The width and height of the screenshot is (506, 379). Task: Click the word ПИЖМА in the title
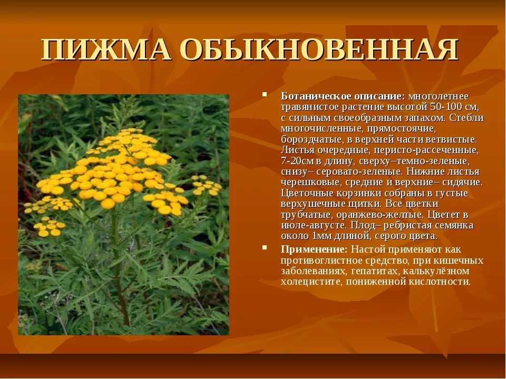pos(106,49)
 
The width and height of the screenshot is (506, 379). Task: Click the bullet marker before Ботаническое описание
pos(265,95)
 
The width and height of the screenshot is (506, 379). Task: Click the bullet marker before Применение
pos(265,247)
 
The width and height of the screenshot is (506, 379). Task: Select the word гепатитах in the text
pos(375,271)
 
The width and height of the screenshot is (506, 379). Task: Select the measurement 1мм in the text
pos(320,236)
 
